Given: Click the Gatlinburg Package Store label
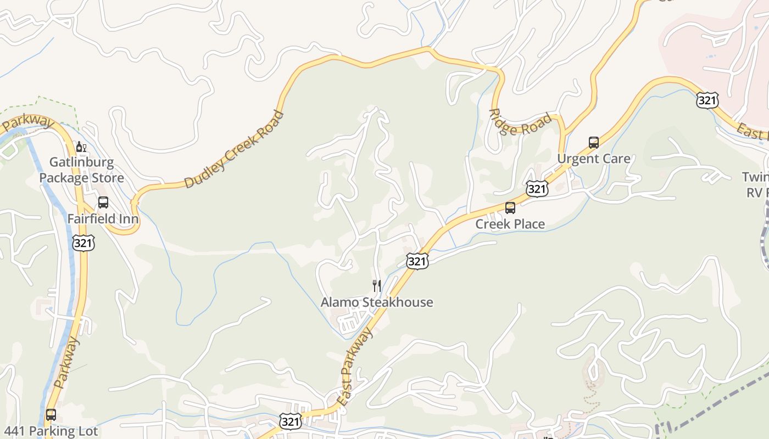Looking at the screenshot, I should tap(81, 170).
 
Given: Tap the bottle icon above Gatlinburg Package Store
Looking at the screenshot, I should tap(81, 147).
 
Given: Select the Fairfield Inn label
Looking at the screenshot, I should tap(103, 219).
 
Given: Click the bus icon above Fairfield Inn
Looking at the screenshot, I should tap(103, 202).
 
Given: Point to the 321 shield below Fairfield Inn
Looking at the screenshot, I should tap(83, 243).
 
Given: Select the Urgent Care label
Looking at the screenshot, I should tap(594, 159).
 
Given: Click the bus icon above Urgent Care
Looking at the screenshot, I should tap(594, 143).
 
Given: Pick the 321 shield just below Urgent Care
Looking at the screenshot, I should tap(537, 189).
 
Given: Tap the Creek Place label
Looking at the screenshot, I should tap(510, 224).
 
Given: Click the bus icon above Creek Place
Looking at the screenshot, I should tap(510, 208).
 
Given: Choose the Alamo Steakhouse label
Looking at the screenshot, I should tap(377, 302).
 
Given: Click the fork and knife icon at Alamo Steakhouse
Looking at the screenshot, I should tap(377, 286).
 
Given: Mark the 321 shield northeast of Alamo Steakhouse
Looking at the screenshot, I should tap(417, 261).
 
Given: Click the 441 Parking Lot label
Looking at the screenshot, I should tap(51, 431).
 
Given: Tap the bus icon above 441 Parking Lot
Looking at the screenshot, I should tap(51, 415).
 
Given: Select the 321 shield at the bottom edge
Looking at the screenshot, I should tap(290, 421).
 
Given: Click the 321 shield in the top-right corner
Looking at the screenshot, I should tap(707, 100).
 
